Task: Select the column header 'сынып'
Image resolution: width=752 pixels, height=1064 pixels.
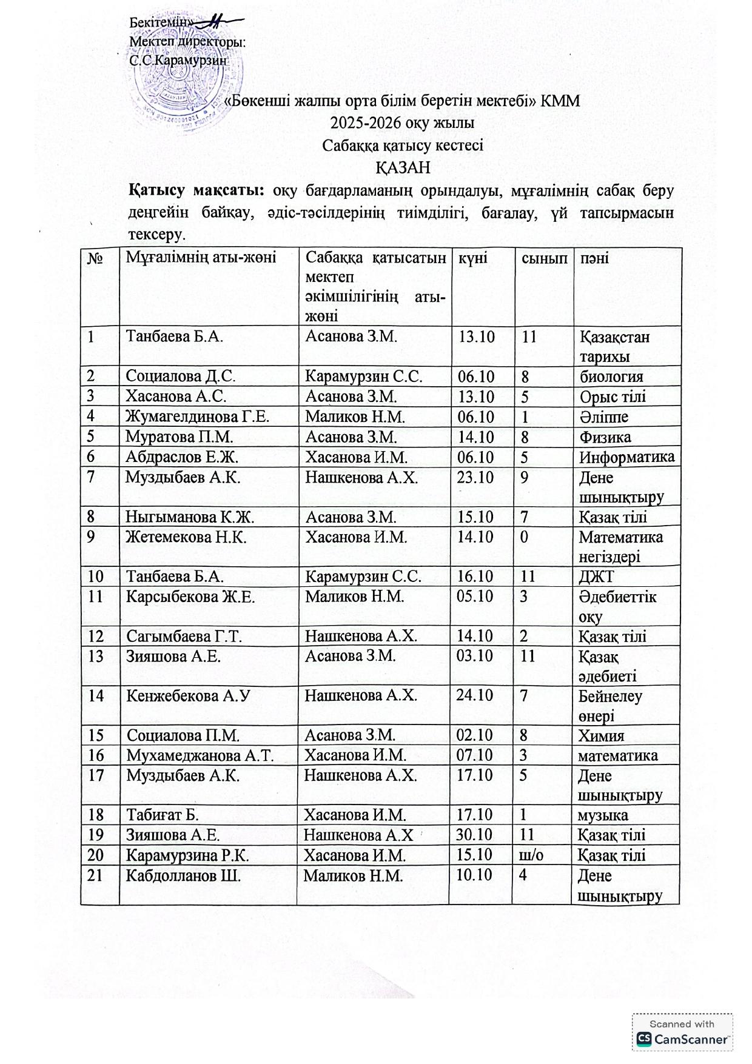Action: coord(545,258)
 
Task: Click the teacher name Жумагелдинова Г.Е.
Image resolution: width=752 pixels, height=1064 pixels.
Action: coord(197,417)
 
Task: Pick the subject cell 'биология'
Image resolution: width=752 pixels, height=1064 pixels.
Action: coord(611,376)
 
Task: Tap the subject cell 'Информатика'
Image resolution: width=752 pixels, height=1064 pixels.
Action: coord(626,457)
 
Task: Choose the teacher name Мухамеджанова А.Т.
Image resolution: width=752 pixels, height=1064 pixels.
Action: coord(200,755)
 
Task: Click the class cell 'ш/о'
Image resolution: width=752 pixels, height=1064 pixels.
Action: coord(533,855)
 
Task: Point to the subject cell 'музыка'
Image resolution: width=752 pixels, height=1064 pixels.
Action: coord(603,815)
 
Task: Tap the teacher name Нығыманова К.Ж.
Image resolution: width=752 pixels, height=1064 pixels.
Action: coord(190,517)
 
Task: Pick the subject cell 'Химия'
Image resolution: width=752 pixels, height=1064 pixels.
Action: coord(601,736)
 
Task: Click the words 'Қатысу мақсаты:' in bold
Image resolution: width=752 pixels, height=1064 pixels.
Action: coord(196,190)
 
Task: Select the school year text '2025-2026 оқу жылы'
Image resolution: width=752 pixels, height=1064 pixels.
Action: coord(402,123)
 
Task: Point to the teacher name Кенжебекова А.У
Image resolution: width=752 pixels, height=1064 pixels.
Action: coord(188,696)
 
